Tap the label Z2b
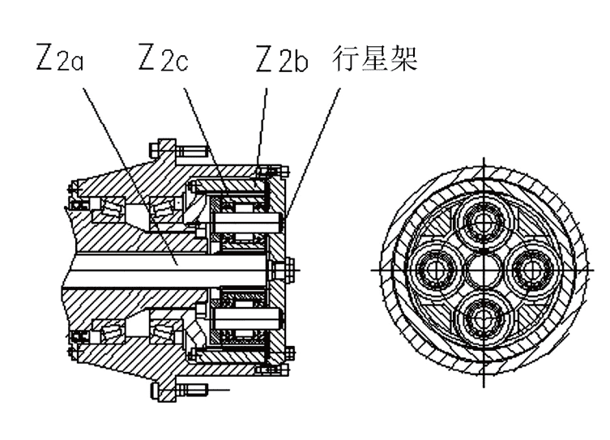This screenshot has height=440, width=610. (282, 59)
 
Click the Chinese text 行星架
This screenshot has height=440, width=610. (374, 58)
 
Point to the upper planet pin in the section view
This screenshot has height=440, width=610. (246, 223)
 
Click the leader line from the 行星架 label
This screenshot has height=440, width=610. (313, 152)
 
